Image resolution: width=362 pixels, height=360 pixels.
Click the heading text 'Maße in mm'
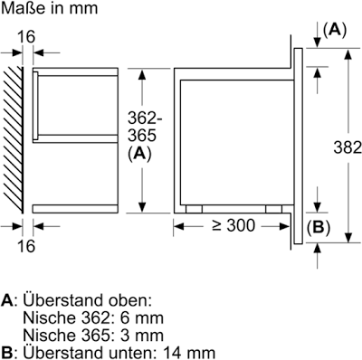click(x=50, y=8)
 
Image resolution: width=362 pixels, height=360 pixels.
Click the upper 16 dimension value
click(x=26, y=37)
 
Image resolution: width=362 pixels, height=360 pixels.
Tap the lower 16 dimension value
click(x=26, y=246)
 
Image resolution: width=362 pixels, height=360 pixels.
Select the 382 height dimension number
click(x=348, y=147)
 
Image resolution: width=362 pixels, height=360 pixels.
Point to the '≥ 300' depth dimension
click(x=233, y=225)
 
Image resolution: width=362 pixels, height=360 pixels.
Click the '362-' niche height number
click(x=145, y=118)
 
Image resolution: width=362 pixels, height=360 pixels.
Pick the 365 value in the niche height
click(x=142, y=136)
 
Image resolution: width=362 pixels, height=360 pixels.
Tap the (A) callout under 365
click(x=139, y=154)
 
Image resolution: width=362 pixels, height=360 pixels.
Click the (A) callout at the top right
click(x=335, y=30)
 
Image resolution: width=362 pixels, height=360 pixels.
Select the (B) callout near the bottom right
click(x=319, y=228)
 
